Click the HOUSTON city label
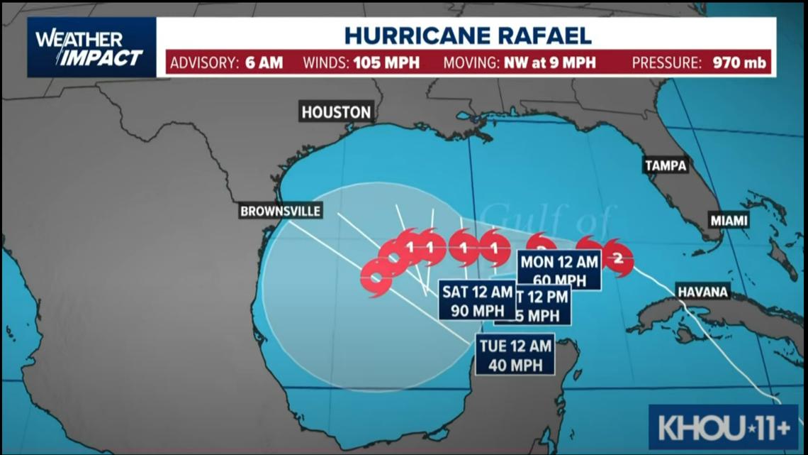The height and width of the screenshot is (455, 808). tap(336, 111)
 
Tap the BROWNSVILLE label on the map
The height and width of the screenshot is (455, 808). tap(280, 211)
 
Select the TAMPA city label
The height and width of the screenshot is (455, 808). tap(666, 165)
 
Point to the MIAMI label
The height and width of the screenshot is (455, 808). tap(729, 220)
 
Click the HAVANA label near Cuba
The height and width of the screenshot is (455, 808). tap(703, 292)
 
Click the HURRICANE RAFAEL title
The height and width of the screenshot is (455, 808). tap(468, 35)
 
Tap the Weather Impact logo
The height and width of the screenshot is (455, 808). tap(91, 48)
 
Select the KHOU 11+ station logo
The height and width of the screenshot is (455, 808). tap(723, 427)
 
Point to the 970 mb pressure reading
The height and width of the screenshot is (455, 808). tap(740, 62)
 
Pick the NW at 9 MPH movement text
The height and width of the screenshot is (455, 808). tap(551, 62)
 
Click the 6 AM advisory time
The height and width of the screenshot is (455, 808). tap(264, 62)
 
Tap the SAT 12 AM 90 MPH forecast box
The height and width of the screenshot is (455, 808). tap(476, 300)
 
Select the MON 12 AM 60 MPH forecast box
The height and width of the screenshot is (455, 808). tap(560, 270)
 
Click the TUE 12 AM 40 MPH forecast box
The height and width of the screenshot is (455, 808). tap(515, 355)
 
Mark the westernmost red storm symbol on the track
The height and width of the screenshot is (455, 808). tap(376, 277)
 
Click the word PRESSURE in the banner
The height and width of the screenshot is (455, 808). tap(667, 62)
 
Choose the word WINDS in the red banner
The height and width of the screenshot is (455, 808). tap(324, 62)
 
